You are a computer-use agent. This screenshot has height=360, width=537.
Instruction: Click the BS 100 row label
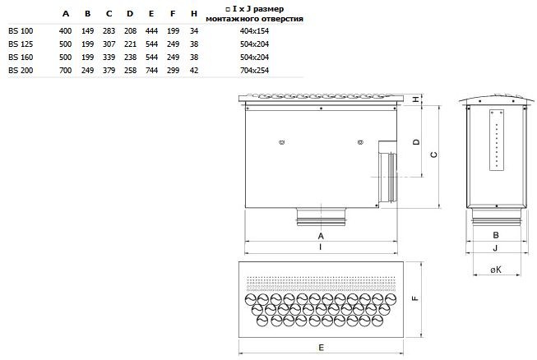click(21, 30)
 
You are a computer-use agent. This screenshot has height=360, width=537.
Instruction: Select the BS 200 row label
click(21, 71)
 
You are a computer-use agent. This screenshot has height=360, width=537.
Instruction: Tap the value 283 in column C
click(109, 30)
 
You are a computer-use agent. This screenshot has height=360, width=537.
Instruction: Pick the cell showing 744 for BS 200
click(151, 71)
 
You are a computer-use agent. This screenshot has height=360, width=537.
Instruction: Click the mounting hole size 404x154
click(254, 30)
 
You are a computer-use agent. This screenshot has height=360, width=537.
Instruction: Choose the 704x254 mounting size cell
click(254, 71)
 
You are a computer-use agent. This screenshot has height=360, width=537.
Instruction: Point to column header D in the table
click(130, 14)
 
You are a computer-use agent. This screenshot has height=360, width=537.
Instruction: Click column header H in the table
click(194, 14)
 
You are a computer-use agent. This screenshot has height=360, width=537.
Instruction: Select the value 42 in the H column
click(194, 71)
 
